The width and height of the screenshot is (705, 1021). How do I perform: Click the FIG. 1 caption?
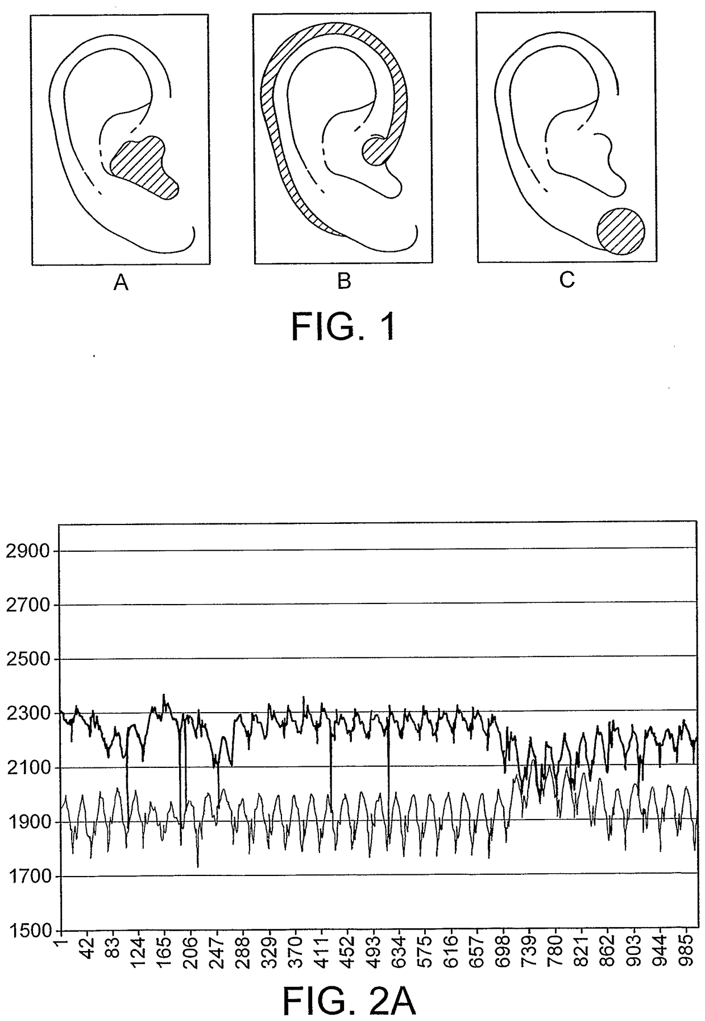[x=343, y=326]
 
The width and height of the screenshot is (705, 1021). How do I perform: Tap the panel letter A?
[x=121, y=283]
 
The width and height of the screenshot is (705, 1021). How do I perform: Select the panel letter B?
[x=344, y=281]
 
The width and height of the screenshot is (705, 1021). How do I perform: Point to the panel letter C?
[x=567, y=279]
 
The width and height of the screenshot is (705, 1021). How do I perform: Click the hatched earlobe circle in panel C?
[x=621, y=231]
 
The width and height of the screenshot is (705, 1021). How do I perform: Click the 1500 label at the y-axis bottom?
[x=30, y=931]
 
